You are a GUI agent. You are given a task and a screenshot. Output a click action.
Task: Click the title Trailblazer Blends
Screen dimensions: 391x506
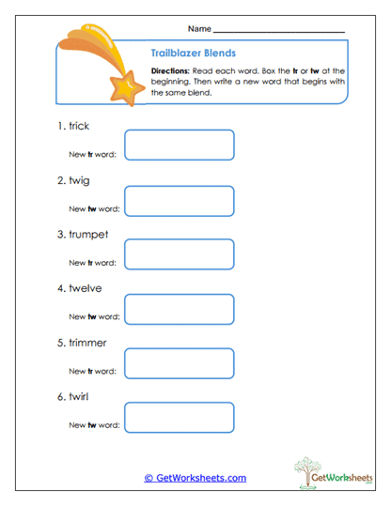[x=193, y=54]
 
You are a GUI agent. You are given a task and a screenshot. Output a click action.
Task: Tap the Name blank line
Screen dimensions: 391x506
[x=279, y=33]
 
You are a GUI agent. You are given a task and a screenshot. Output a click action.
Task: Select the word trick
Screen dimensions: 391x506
[x=82, y=126]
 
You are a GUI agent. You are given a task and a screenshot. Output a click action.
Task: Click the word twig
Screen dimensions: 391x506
[x=80, y=180]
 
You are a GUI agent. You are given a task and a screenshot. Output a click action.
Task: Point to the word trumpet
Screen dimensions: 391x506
[x=89, y=235]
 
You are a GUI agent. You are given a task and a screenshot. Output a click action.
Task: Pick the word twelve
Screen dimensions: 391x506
[x=86, y=288]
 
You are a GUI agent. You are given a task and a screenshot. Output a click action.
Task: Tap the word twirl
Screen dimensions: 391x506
[x=81, y=397]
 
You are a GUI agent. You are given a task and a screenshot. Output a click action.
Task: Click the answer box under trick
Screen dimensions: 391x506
[x=180, y=146]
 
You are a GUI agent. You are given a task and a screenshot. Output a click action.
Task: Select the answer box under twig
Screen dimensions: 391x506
[x=180, y=200]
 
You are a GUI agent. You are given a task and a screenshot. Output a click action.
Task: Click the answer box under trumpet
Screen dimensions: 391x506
[x=180, y=254]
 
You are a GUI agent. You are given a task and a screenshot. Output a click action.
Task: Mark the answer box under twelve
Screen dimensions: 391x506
[x=180, y=309]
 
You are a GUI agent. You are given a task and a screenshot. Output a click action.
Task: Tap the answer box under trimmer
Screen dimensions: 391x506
[x=180, y=363]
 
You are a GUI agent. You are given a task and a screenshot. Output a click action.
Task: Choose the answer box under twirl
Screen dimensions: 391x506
[x=180, y=418]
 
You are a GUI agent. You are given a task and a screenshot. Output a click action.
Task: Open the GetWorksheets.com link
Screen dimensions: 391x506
[x=195, y=478]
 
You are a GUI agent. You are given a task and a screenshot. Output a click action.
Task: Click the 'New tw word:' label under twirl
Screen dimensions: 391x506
[x=95, y=425]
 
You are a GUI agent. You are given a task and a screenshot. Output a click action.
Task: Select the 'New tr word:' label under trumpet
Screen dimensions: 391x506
[x=95, y=262]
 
